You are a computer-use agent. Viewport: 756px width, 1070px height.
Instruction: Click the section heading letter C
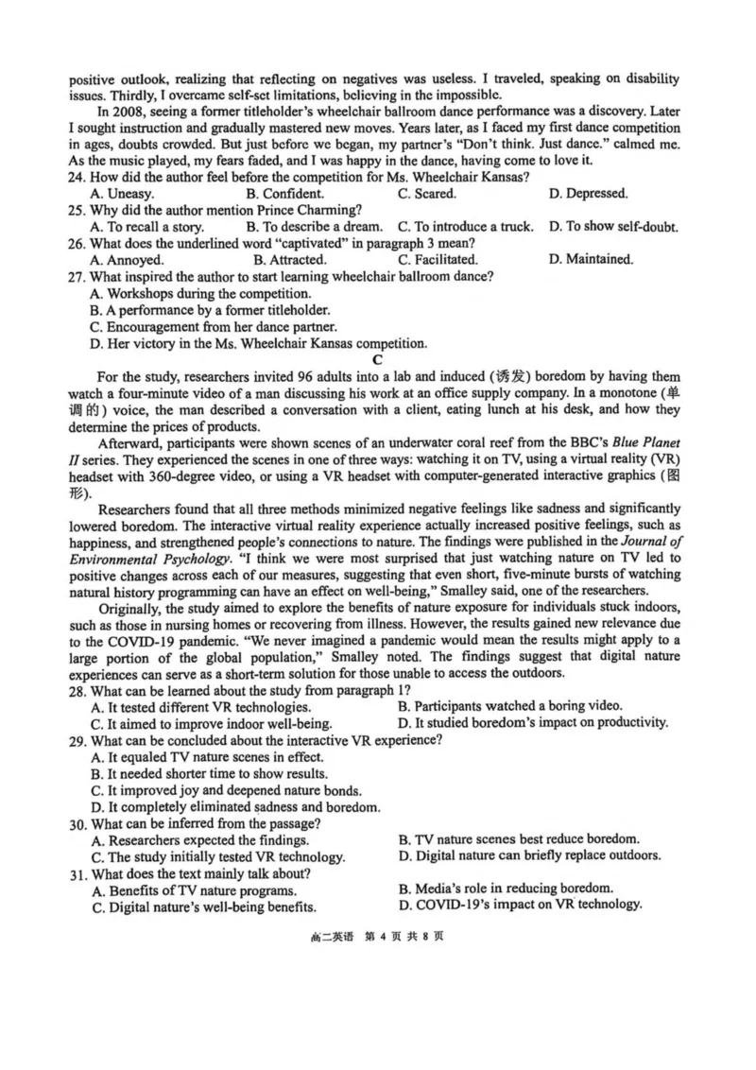tap(377, 358)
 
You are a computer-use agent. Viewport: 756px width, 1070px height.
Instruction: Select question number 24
tap(79, 176)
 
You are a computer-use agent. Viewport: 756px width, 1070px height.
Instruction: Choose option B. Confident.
tap(284, 193)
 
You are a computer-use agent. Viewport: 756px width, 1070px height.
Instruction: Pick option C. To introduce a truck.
tap(464, 226)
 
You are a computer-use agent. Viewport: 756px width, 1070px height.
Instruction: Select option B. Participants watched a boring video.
tap(509, 705)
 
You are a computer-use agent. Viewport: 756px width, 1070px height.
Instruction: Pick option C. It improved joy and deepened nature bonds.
tap(226, 789)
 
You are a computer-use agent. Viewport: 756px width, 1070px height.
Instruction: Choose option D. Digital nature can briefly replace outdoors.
tap(529, 855)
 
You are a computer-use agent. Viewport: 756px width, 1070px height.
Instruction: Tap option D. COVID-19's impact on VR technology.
tap(520, 906)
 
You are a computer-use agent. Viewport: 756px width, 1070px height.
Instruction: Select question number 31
tap(79, 872)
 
